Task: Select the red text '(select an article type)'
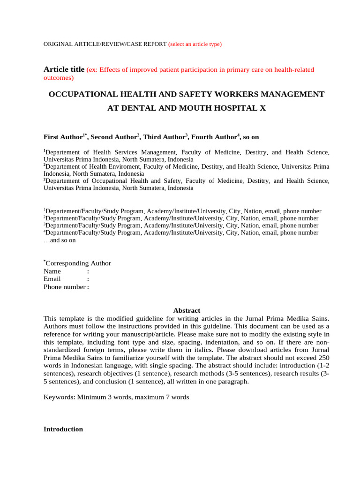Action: pos(195,44)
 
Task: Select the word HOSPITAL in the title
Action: pos(234,108)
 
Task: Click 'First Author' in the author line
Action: pos(63,137)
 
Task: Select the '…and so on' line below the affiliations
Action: pos(60,240)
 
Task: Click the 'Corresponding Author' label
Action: pos(78,263)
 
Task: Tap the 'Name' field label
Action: pos(52,271)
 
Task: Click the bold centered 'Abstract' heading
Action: pos(187,310)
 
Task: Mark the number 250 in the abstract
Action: pos(324,358)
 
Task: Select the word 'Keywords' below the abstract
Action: pos(59,397)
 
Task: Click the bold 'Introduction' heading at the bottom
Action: pos(63,429)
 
